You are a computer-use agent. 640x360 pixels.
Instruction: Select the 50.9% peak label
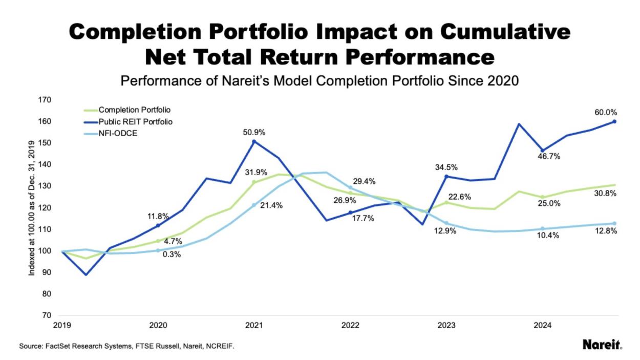pyautogui.click(x=254, y=132)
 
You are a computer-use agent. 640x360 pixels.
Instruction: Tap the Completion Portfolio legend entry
pyautogui.click(x=135, y=110)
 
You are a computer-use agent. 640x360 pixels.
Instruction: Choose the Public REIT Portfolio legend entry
pyautogui.click(x=136, y=122)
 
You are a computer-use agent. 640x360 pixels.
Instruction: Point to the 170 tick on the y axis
pyautogui.click(x=45, y=100)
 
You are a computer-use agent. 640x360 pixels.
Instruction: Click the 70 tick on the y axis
pyautogui.click(x=47, y=315)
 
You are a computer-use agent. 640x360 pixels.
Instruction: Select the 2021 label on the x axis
pyautogui.click(x=254, y=325)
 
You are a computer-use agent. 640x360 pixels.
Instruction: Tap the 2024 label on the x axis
pyautogui.click(x=542, y=325)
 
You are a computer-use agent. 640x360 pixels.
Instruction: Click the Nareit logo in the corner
pyautogui.click(x=602, y=345)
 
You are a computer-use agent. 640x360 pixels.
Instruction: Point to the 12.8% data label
pyautogui.click(x=605, y=231)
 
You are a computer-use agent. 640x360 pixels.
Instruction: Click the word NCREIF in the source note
pyautogui.click(x=220, y=347)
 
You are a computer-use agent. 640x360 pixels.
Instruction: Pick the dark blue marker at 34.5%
pyautogui.click(x=446, y=177)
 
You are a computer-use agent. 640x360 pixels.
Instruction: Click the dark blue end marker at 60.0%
pyautogui.click(x=614, y=121)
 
